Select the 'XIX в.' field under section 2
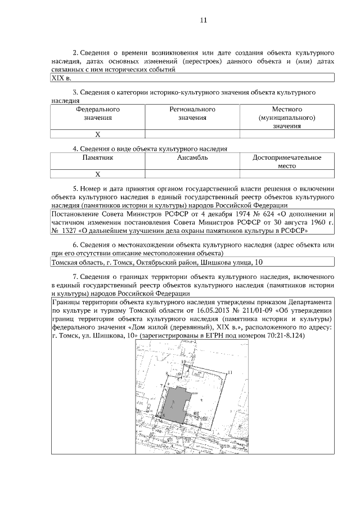click(x=61, y=79)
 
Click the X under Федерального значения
click(x=97, y=134)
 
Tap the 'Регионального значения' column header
click(x=192, y=114)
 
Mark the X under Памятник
click(x=97, y=174)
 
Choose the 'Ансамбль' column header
click(x=192, y=158)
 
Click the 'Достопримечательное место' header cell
click(x=287, y=163)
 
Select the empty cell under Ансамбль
click(x=192, y=174)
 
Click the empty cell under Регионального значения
click(x=192, y=134)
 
